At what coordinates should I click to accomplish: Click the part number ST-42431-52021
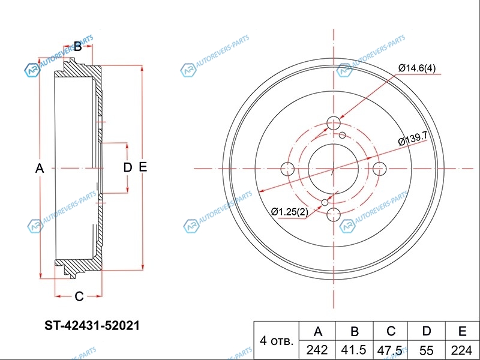92,325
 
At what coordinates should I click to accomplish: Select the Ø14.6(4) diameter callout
416,68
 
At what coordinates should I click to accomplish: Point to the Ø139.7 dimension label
412,139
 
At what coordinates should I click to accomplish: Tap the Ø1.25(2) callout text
290,212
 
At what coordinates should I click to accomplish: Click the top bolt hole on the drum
334,124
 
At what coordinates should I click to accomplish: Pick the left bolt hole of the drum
287,169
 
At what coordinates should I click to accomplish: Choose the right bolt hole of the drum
379,169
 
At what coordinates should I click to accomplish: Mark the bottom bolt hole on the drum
334,214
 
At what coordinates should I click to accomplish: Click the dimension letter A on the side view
40,169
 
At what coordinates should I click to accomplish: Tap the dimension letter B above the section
78,47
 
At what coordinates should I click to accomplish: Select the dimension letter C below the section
79,296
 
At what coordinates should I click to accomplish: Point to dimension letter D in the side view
128,167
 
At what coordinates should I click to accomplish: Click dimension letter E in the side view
143,167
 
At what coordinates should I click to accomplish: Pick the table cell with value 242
317,350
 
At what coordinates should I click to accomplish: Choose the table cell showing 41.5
354,350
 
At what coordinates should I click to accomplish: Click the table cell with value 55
426,350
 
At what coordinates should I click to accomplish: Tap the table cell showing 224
462,350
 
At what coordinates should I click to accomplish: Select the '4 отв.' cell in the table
277,340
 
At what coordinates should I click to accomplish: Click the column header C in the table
391,331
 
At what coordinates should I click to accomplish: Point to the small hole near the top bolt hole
343,135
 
